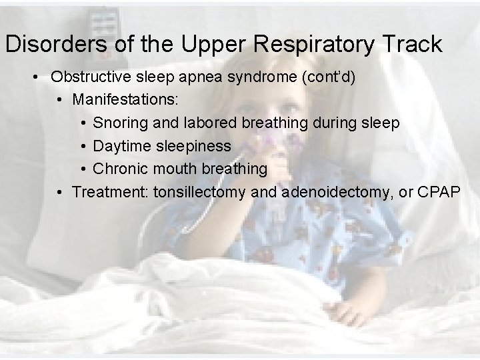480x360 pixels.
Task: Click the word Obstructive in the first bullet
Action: (x=91, y=77)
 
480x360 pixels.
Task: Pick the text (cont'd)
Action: (x=328, y=77)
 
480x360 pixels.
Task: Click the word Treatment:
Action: (x=110, y=193)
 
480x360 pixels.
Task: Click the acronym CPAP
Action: (x=438, y=193)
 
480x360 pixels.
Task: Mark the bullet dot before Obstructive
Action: (x=35, y=77)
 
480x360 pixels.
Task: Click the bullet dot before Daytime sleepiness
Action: (x=83, y=146)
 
